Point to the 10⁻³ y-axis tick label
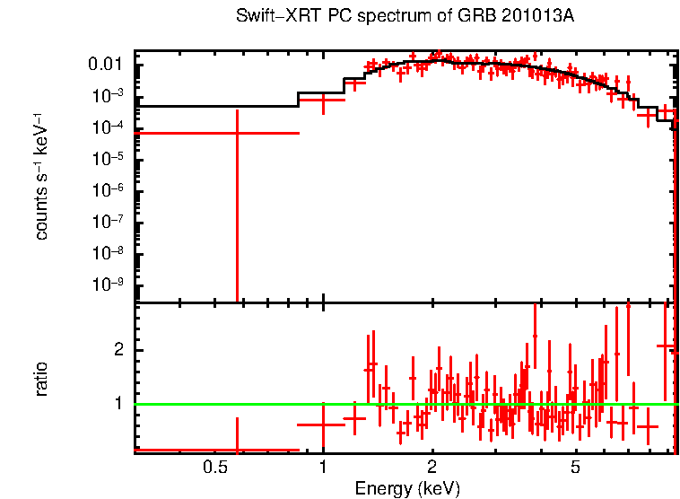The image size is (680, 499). (112, 97)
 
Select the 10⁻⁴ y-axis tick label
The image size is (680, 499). (112, 128)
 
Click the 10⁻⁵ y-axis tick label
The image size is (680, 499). (112, 160)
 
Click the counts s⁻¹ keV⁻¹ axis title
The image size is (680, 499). (41, 176)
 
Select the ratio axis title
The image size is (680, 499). (41, 379)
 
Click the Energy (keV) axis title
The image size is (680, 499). (406, 488)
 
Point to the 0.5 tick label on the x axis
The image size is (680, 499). (214, 468)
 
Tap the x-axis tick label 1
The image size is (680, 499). (323, 468)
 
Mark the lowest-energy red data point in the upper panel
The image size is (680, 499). (237, 133)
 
